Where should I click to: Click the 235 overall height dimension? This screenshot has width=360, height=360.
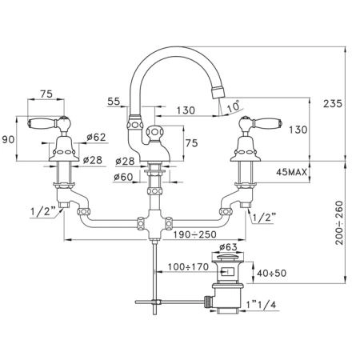(333, 103)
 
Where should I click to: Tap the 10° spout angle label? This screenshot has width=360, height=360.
(234, 106)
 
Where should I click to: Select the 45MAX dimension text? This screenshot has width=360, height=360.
(291, 172)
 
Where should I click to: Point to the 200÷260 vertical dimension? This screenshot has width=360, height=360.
(340, 222)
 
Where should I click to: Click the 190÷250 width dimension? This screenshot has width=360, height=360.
(195, 234)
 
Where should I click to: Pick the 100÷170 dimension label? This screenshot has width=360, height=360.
(188, 266)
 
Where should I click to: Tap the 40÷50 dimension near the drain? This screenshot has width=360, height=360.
(271, 273)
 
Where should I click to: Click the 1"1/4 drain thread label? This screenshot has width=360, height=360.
(261, 304)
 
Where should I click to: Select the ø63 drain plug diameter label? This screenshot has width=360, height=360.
(228, 247)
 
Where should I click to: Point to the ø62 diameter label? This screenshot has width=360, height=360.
(96, 137)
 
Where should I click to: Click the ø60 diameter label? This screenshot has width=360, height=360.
(123, 177)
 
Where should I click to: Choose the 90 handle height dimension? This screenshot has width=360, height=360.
(8, 139)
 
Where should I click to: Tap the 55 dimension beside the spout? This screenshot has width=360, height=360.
(114, 102)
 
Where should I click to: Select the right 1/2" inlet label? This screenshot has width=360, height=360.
(263, 217)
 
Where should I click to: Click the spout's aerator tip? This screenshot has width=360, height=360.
(218, 92)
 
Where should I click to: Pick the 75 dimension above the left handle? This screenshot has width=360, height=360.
(46, 94)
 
